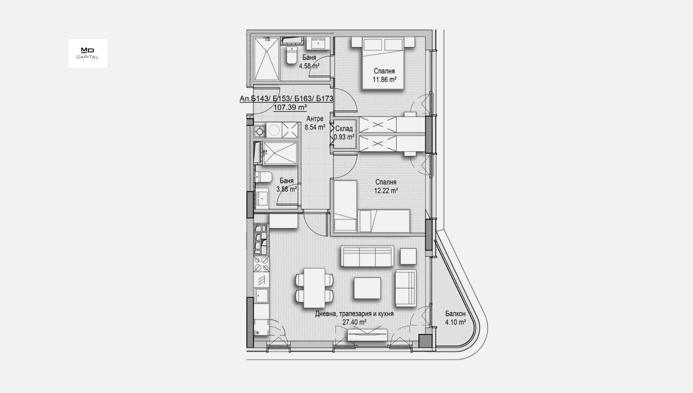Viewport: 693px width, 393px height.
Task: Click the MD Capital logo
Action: click(x=87, y=53)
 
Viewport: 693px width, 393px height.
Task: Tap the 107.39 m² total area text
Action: click(x=290, y=107)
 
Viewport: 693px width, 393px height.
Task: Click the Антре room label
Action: click(x=315, y=119)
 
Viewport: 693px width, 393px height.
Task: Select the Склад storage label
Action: click(x=344, y=129)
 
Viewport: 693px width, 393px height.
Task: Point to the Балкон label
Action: click(x=455, y=314)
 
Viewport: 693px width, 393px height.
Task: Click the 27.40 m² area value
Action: click(x=354, y=322)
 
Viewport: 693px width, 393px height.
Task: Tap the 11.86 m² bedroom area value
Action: click(x=385, y=80)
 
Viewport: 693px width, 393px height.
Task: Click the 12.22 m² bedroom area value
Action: click(x=386, y=191)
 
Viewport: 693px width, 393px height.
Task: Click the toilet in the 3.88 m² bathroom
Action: click(x=263, y=177)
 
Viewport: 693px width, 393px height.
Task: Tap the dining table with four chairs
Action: click(x=314, y=288)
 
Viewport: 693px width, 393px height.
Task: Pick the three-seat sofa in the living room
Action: click(x=367, y=256)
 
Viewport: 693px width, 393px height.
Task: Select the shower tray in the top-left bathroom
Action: click(x=265, y=59)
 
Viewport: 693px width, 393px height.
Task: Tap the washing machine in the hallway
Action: click(x=274, y=130)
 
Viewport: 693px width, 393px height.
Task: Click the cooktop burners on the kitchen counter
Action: click(x=261, y=264)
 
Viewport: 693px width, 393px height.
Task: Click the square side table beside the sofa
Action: click(x=408, y=256)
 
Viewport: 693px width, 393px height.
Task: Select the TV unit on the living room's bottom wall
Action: click(x=367, y=334)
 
